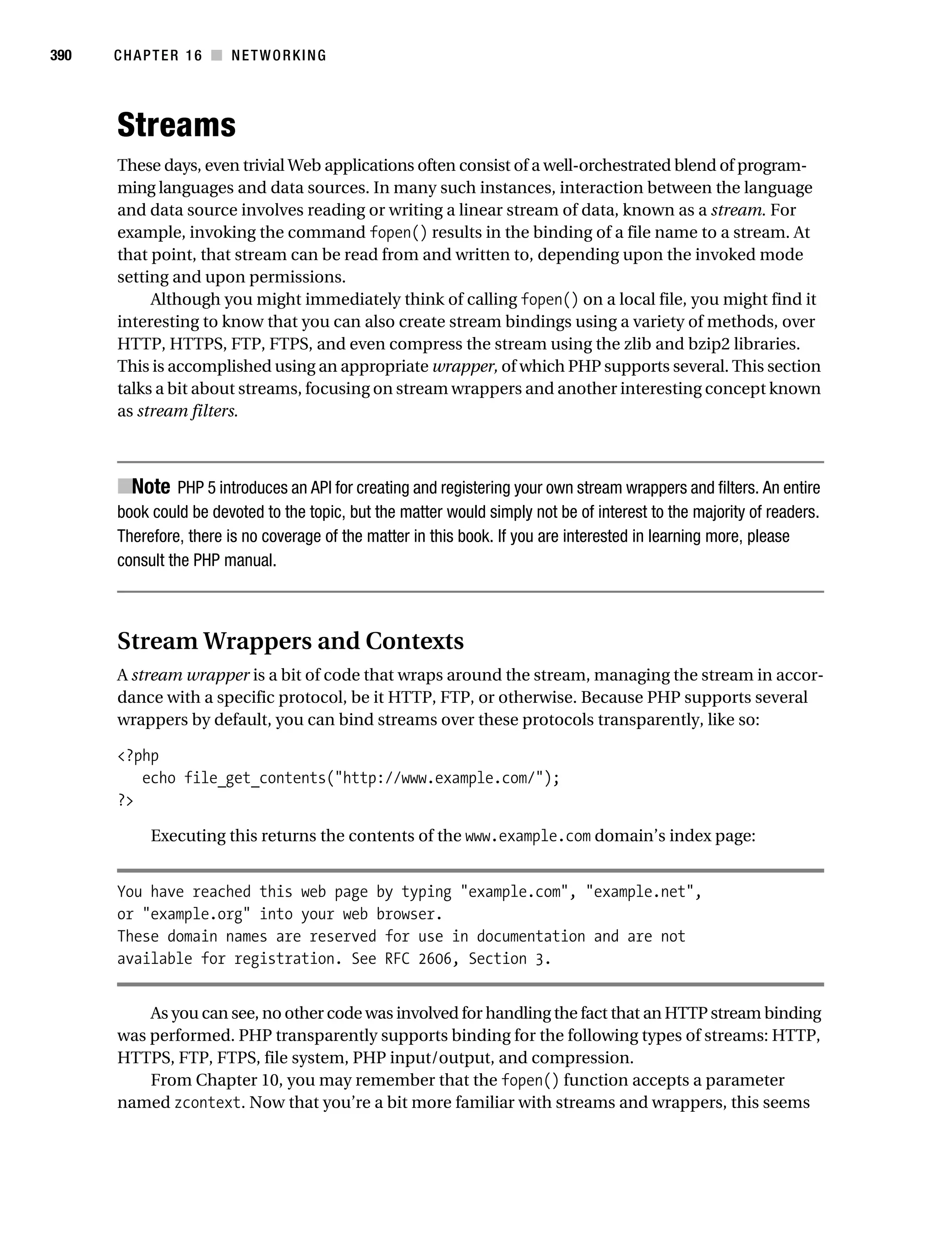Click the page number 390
pos(60,55)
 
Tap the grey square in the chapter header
pos(216,55)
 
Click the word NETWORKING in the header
pos(278,55)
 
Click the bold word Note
pos(151,487)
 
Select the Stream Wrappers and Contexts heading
pos(290,641)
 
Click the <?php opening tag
pos(138,755)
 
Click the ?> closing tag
pos(125,800)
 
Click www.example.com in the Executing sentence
pos(528,836)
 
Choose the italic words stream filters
pos(187,411)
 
